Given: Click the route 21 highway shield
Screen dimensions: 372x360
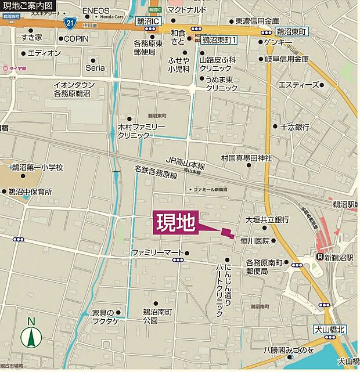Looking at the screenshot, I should coord(69,23).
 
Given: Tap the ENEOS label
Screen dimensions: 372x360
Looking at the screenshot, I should coord(96,11).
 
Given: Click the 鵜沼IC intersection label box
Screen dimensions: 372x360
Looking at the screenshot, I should coord(147,21).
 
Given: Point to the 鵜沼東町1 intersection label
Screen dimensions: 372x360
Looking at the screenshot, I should coord(219,40).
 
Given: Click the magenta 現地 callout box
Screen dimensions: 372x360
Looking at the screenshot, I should coord(176,223).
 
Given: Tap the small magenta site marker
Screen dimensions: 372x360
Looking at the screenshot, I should coord(227,233).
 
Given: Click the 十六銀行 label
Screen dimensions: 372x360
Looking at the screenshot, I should coord(295,127).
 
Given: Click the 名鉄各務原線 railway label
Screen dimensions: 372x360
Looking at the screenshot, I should coord(155,174).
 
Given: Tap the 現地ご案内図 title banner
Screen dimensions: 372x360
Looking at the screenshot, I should coord(28,6).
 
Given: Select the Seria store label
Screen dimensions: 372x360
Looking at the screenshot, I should coord(95,68).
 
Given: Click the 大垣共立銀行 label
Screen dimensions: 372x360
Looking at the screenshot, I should coord(267,219).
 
